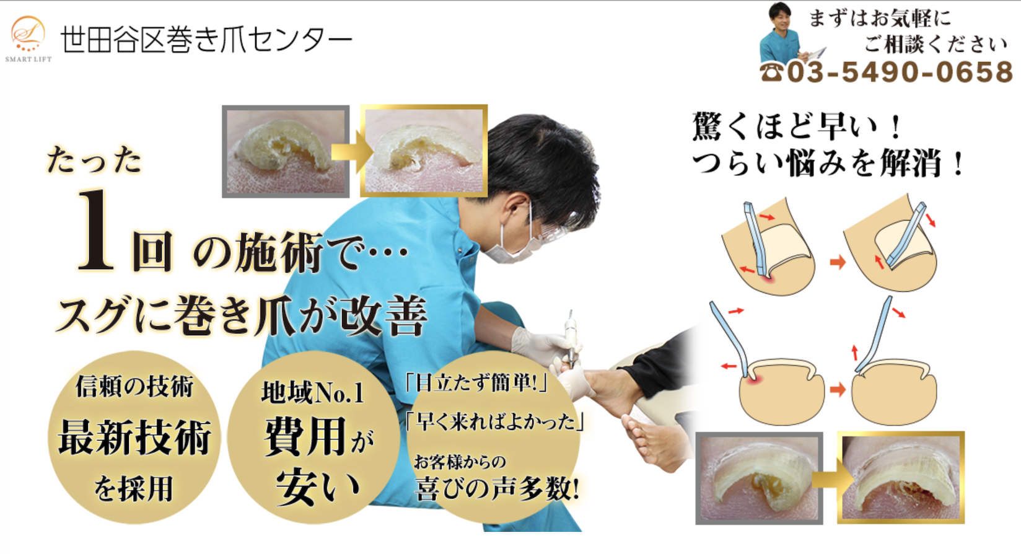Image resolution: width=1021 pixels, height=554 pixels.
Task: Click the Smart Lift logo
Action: [x=28, y=38]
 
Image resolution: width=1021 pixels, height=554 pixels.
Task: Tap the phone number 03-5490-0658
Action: [x=900, y=73]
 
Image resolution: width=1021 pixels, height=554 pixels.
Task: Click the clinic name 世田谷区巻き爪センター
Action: [x=206, y=40]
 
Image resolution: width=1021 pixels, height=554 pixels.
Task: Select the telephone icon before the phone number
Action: [x=772, y=73]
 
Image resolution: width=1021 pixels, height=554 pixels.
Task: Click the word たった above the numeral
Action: [x=94, y=160]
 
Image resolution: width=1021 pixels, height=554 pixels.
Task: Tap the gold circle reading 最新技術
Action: [x=134, y=437]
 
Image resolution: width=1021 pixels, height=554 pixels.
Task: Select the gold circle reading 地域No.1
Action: [x=313, y=437]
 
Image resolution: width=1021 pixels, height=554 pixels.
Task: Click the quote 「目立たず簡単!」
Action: [x=476, y=382]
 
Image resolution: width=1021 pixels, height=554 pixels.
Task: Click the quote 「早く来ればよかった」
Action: [x=495, y=421]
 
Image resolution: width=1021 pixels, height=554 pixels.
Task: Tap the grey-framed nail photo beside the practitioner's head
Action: [x=286, y=151]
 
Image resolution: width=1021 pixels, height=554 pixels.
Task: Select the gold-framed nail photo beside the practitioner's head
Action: [x=424, y=151]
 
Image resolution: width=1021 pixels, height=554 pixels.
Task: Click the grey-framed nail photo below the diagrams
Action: [x=760, y=478]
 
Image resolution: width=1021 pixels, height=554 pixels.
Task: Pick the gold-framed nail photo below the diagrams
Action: [x=901, y=477]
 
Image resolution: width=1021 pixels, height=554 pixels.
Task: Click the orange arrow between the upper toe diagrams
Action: [x=838, y=262]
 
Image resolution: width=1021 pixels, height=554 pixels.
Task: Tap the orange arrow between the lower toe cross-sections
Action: [x=838, y=389]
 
